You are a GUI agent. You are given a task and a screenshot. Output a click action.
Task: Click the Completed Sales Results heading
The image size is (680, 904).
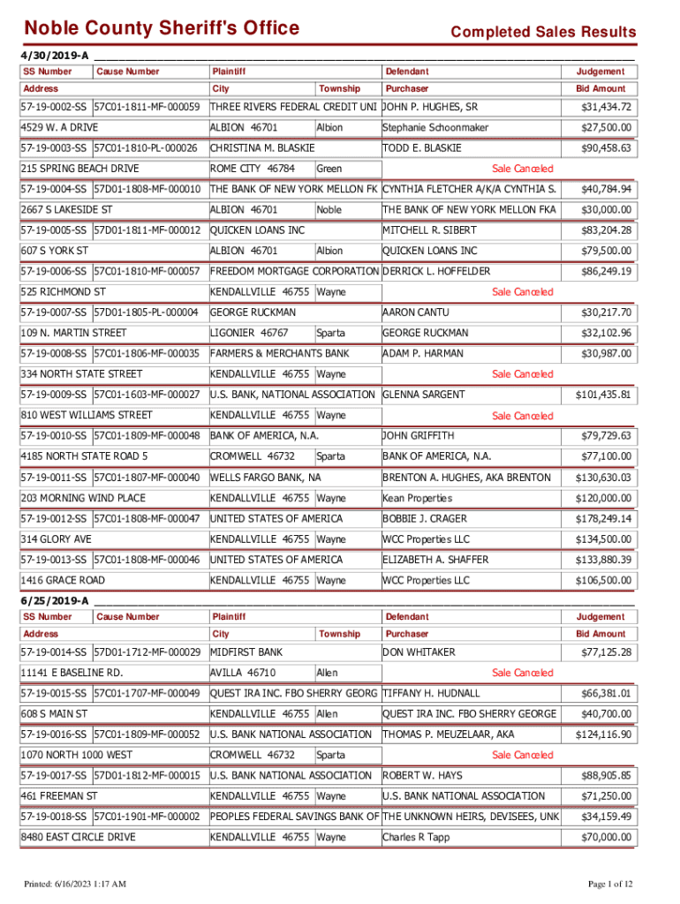coord(542,33)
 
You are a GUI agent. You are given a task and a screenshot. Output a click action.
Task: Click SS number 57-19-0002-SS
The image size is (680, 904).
coord(54,108)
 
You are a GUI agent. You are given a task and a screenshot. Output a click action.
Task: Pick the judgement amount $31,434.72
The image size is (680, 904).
coord(606,108)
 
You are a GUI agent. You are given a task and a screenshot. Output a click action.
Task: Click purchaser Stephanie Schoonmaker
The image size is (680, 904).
coord(434,128)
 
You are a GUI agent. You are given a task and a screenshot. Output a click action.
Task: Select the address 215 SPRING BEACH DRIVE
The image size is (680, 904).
coord(80,169)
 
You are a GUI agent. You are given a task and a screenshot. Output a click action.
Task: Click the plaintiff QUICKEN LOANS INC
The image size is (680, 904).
coord(257,230)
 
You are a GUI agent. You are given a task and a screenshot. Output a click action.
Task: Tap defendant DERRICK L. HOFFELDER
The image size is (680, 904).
coord(435,271)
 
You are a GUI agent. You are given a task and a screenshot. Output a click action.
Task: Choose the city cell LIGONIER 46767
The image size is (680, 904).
coord(249,333)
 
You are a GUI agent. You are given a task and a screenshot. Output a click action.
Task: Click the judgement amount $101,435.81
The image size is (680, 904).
coord(603,395)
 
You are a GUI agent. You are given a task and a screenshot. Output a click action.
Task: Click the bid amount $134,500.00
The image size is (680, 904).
coord(606,539)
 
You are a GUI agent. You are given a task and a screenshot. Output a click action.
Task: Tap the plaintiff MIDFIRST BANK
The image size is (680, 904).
coord(246,652)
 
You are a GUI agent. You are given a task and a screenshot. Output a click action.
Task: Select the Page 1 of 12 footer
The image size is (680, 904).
coord(608,885)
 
